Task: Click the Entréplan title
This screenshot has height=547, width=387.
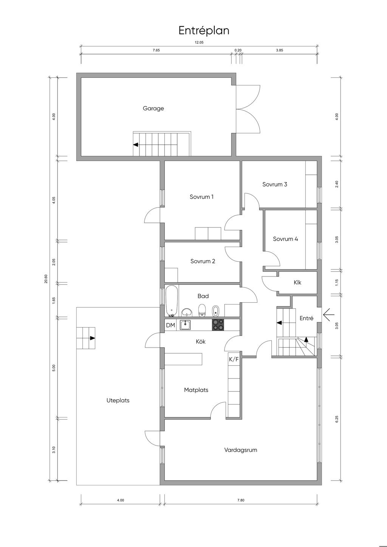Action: tap(204, 31)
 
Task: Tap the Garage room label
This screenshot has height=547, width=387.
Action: tap(153, 108)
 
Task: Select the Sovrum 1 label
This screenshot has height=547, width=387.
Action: tap(201, 196)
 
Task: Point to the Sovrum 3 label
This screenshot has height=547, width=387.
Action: tap(275, 184)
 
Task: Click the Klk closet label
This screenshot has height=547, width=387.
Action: tap(297, 282)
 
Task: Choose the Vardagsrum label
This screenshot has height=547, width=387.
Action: tap(241, 450)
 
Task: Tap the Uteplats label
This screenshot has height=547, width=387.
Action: tap(118, 400)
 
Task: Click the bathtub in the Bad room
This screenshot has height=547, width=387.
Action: tap(171, 301)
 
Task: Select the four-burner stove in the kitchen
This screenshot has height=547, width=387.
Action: tap(218, 325)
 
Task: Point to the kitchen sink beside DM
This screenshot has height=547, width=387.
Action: tap(186, 325)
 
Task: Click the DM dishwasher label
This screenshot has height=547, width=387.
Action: tap(170, 325)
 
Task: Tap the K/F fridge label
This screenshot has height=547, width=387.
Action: tap(234, 359)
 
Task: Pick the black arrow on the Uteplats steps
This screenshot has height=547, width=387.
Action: tap(92, 338)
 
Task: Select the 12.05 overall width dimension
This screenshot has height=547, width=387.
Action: tap(199, 42)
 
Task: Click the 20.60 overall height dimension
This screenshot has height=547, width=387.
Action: tap(46, 279)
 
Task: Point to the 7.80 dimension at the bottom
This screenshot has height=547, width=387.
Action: tap(241, 500)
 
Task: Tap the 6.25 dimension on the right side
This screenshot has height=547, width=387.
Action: tap(337, 419)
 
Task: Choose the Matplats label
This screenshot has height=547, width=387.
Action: tap(196, 390)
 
